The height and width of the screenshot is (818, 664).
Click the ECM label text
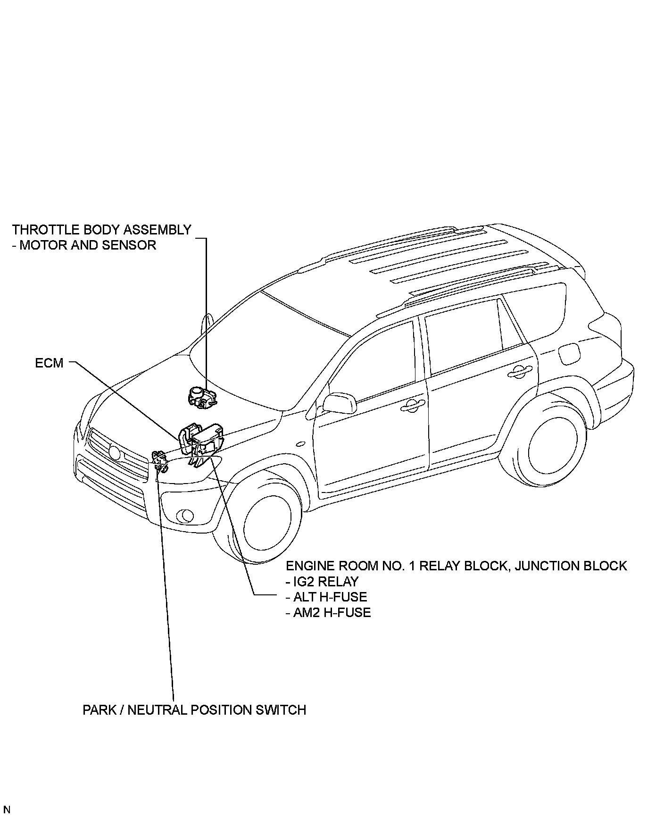point(49,363)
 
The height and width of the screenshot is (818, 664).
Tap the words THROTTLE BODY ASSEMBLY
point(101,230)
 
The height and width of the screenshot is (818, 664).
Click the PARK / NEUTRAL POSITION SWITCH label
point(194,710)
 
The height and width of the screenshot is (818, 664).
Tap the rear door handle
point(519,372)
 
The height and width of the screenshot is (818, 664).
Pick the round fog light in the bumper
point(185,515)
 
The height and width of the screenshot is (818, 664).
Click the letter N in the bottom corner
point(7,810)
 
